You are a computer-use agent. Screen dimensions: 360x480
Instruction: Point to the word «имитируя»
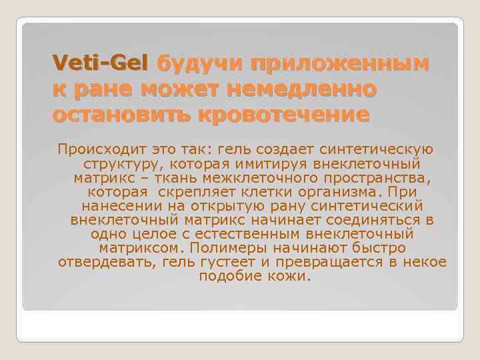point(279,163)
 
